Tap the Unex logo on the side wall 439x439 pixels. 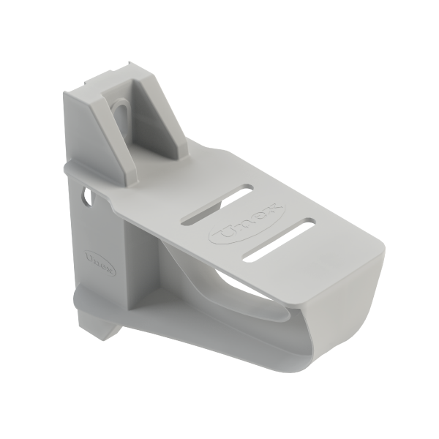100,261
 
